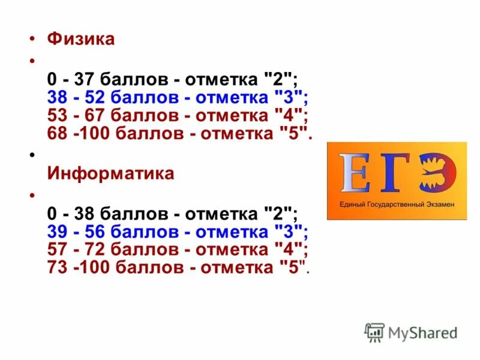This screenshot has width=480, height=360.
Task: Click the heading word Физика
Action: tap(80, 40)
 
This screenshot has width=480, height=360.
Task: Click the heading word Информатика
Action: tap(110, 174)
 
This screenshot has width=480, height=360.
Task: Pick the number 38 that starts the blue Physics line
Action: tap(56, 97)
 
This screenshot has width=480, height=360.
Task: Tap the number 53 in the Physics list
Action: tap(56, 115)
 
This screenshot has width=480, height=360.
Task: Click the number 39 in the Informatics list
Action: tap(56, 232)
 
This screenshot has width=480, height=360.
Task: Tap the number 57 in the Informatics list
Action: tap(56, 249)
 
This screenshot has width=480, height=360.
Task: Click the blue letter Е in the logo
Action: tap(355, 173)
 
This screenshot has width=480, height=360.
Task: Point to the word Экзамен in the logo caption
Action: tap(439, 205)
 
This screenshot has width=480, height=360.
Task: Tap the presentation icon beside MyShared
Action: tap(375, 332)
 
